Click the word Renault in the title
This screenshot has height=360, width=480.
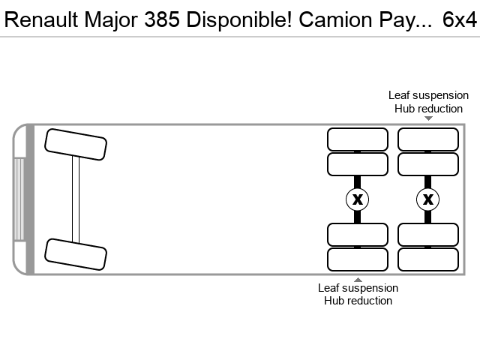tap(42, 19)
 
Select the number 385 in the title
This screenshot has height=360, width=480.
tap(162, 19)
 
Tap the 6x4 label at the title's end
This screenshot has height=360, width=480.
tap(460, 19)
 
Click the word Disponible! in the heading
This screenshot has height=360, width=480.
tap(239, 20)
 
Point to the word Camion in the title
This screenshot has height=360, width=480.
tap(336, 19)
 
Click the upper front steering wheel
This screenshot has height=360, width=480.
tap(76, 145)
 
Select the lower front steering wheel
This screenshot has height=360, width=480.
tap(76, 254)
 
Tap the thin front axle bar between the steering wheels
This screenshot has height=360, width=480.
tap(76, 199)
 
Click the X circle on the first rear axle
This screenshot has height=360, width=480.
tap(357, 199)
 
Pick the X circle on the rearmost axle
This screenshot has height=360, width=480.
tap(428, 199)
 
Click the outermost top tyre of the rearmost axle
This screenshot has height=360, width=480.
tap(428, 139)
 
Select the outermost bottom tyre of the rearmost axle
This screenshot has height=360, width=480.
tap(428, 259)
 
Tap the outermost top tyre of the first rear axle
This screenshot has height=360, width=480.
tap(358, 139)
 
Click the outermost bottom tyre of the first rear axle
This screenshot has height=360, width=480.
tap(358, 259)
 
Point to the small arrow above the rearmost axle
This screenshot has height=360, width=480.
tap(428, 118)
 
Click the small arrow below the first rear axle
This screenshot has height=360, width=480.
tap(358, 280)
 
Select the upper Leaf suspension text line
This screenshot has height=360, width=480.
tap(428, 95)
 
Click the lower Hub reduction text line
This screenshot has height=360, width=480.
tap(358, 301)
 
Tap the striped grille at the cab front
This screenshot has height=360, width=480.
tap(19, 199)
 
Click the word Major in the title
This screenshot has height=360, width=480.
tap(111, 20)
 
